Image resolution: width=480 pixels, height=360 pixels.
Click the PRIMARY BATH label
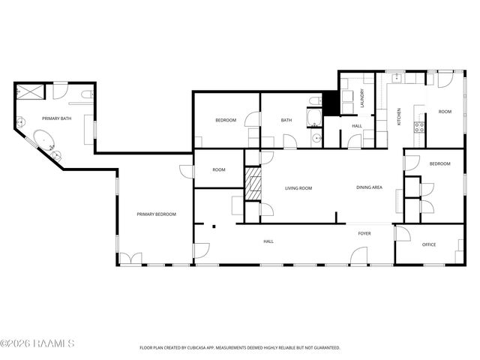coord(57,118)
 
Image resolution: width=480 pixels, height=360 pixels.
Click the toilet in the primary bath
coord(87,93)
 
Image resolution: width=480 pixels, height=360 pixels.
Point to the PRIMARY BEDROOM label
coord(156,214)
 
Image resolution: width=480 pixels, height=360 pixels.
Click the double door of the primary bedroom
coord(130,259)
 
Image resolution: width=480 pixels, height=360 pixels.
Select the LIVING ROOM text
coord(298,188)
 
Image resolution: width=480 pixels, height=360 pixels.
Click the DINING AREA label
coord(369,187)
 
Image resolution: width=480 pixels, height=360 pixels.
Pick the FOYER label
coord(364,234)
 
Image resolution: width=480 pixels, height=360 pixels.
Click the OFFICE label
coord(429,244)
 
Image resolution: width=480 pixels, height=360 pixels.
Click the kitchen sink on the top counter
coord(398,77)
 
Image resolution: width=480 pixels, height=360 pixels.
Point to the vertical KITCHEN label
coord(399,117)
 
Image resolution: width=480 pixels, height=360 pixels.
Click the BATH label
coord(286,121)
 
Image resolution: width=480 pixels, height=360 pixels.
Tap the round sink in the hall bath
coord(316,138)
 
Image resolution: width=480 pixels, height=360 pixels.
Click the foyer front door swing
coord(358,256)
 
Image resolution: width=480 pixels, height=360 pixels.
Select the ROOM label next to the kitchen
coord(445,112)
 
